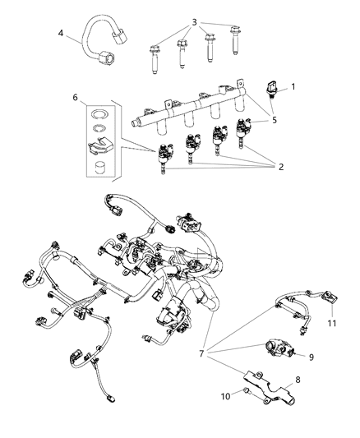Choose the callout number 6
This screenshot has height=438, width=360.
[x=76, y=98]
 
